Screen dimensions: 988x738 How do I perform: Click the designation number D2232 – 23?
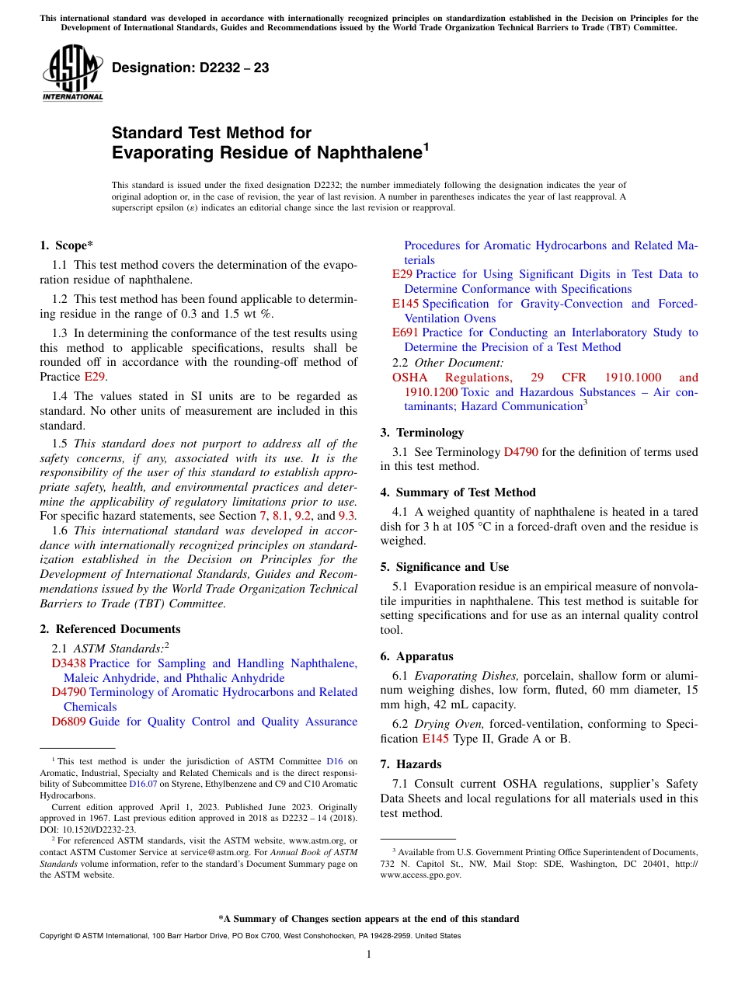pyautogui.click(x=190, y=68)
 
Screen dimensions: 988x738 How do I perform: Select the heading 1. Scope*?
pyautogui.click(x=67, y=245)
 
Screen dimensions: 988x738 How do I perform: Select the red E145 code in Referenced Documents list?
pyautogui.click(x=406, y=304)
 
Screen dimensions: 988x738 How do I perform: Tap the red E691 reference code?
pyautogui.click(x=406, y=332)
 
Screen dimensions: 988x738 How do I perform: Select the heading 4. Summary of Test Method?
pyautogui.click(x=458, y=492)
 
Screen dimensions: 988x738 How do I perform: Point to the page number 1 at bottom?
pyautogui.click(x=369, y=955)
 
